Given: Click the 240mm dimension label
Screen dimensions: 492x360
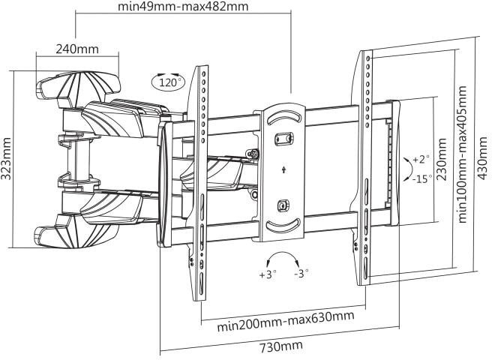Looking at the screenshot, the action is (x=77, y=49).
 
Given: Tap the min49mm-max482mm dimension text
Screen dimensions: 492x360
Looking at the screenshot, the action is (x=183, y=7).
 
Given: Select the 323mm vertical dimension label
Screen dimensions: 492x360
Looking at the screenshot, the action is (x=6, y=158).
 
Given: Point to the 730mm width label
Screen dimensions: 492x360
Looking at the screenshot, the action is (x=281, y=346).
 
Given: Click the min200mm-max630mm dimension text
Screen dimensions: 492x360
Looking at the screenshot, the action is (x=286, y=322).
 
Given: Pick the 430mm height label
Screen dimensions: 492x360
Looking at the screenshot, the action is (x=482, y=158).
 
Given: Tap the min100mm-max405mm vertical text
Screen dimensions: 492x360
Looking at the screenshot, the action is (x=463, y=154).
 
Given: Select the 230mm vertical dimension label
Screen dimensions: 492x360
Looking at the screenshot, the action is (x=442, y=160).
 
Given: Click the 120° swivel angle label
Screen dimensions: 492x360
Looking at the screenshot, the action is (x=169, y=83).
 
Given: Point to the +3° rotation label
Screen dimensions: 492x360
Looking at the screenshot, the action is (x=268, y=274).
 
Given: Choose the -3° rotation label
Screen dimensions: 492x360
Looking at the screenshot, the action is (x=301, y=274).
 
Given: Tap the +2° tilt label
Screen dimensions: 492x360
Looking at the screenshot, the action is (x=421, y=160).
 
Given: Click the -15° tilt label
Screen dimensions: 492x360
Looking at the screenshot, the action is (x=422, y=179).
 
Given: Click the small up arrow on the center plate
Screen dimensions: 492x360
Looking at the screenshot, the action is (x=283, y=169).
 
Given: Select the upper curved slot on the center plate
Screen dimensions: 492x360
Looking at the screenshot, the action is (x=283, y=118).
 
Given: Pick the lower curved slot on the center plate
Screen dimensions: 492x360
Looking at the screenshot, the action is (x=283, y=226).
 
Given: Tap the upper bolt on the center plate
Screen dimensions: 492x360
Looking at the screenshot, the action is (x=283, y=139).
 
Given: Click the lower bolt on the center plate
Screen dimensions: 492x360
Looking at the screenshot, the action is (x=283, y=206).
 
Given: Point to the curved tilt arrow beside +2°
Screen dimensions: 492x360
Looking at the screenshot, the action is (x=409, y=169).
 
